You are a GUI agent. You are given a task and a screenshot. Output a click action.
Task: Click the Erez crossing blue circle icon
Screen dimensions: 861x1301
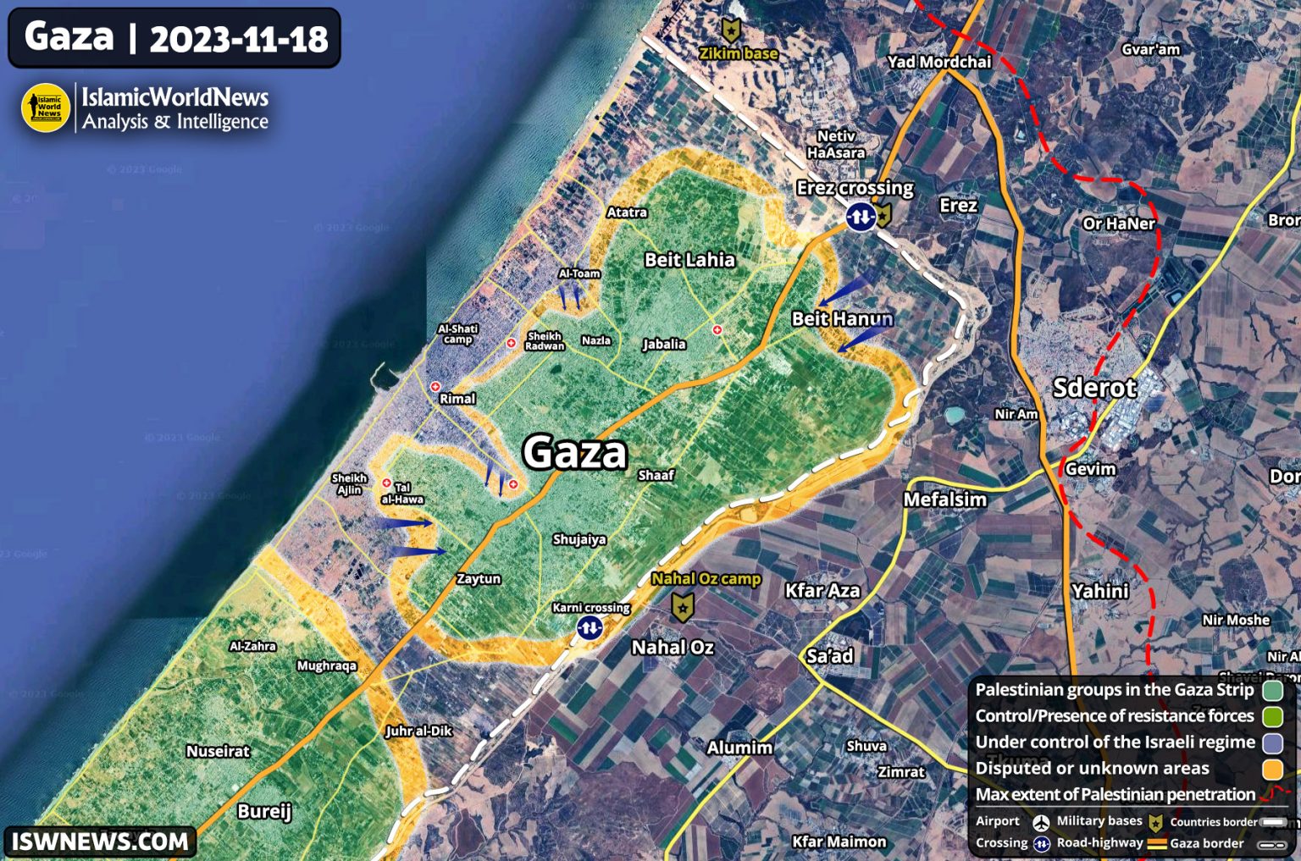point(861,218)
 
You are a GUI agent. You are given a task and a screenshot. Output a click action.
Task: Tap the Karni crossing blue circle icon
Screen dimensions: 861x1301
point(590,627)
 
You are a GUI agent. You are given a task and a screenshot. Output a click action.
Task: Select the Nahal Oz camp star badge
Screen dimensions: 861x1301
point(683,606)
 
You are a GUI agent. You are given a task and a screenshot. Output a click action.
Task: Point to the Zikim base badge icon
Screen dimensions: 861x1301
point(730,30)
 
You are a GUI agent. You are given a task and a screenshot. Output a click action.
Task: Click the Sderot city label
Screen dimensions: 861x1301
point(1094,388)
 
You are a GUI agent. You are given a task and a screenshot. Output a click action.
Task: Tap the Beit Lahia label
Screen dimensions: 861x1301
point(689,260)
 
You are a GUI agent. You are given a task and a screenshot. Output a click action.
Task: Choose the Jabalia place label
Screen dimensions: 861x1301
point(664,344)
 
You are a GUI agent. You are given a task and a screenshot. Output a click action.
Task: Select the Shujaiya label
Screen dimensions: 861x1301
point(579,539)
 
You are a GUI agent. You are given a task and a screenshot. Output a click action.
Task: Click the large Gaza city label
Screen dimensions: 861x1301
point(575,452)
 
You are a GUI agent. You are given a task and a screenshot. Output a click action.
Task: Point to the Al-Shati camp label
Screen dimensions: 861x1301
point(457,334)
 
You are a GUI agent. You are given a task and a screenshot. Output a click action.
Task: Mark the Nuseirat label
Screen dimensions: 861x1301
point(218,751)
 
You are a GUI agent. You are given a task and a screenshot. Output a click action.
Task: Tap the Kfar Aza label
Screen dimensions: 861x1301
point(822,590)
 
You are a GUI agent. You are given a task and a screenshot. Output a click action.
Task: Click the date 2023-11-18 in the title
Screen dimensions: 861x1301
point(239,39)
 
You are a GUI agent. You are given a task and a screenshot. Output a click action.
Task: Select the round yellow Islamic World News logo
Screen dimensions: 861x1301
point(46,108)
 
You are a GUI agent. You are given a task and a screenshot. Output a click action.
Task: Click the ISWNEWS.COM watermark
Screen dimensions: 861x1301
point(100,842)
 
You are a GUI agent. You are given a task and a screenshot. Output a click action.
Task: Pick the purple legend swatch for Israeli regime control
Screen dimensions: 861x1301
point(1272,742)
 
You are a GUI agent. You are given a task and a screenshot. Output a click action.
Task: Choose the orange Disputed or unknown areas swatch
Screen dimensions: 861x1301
point(1272,769)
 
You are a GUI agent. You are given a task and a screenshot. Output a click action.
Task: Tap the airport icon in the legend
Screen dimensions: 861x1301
point(1041,822)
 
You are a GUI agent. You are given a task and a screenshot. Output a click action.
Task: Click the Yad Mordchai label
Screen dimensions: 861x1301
point(938,62)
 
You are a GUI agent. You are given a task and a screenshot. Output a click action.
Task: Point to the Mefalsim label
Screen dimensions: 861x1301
point(944,499)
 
